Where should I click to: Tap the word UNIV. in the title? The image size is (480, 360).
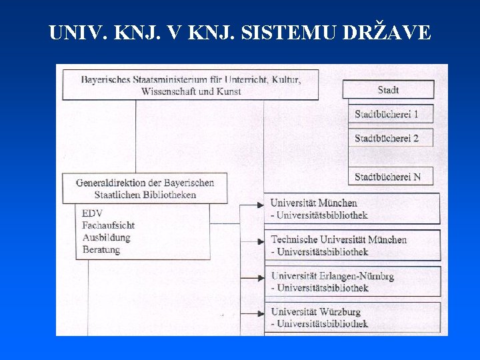[x=75, y=32]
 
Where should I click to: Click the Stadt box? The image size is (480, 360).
[x=388, y=89]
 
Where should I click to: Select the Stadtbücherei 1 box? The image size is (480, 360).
[x=390, y=114]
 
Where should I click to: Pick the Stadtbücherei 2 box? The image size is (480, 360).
[x=390, y=138]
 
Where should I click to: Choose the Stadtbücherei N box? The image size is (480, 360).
[x=390, y=177]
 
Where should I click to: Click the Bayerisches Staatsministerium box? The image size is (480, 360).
[x=190, y=85]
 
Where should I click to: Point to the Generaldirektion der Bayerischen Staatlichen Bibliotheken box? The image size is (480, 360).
[x=144, y=188]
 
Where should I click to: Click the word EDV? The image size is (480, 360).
[x=92, y=213]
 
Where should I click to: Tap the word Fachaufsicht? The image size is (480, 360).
[x=108, y=225]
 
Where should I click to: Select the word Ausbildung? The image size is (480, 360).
[x=106, y=237]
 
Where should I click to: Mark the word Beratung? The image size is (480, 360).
[x=101, y=249]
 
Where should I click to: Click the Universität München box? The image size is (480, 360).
[x=353, y=209]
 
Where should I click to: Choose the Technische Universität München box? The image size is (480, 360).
[x=353, y=245]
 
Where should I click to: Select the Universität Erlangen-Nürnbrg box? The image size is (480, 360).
[x=353, y=281]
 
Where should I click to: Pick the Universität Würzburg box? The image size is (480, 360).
[x=353, y=318]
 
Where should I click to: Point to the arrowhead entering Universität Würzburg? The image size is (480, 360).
[x=261, y=313]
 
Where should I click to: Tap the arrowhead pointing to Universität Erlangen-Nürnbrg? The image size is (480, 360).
[x=261, y=277]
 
